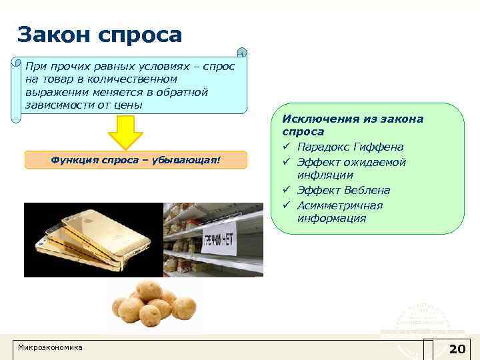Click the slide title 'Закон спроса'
pyautogui.click(x=99, y=35)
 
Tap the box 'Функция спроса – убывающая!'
pyautogui.click(x=135, y=160)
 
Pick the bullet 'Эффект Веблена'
pyautogui.click(x=343, y=191)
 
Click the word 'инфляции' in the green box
pyautogui.click(x=325, y=175)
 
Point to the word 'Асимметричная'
pyautogui.click(x=339, y=205)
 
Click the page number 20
pyautogui.click(x=457, y=349)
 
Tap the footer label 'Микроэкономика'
pyautogui.click(x=50, y=348)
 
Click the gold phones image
pyautogui.click(x=93, y=239)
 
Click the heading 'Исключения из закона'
pyautogui.click(x=353, y=119)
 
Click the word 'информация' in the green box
pyautogui.click(x=331, y=218)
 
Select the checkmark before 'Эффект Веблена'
pyautogui.click(x=287, y=191)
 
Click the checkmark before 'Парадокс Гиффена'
pyautogui.click(x=287, y=147)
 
